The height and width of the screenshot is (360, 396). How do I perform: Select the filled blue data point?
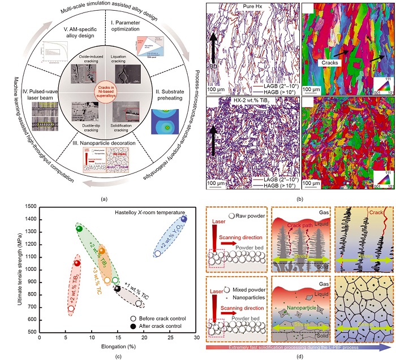[183, 219]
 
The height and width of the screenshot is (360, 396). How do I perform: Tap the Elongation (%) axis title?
[118, 345]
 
